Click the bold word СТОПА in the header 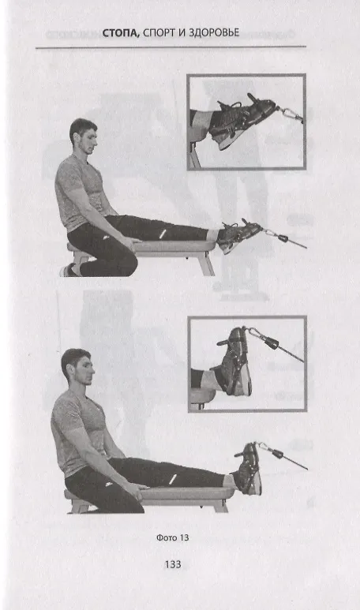tap(121, 33)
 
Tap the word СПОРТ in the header tap(159, 33)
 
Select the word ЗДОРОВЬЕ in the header tap(213, 33)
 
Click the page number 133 tap(173, 564)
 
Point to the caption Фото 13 tap(172, 537)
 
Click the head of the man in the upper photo tap(83, 137)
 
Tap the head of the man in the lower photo tap(78, 368)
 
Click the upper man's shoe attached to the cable tap(238, 234)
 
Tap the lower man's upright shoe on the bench tap(248, 469)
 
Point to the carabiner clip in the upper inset tap(291, 114)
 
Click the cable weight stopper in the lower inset tap(272, 342)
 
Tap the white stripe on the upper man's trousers tap(163, 234)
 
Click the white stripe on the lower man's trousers tap(173, 479)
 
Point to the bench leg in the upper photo tap(206, 264)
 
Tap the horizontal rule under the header tap(171, 47)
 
